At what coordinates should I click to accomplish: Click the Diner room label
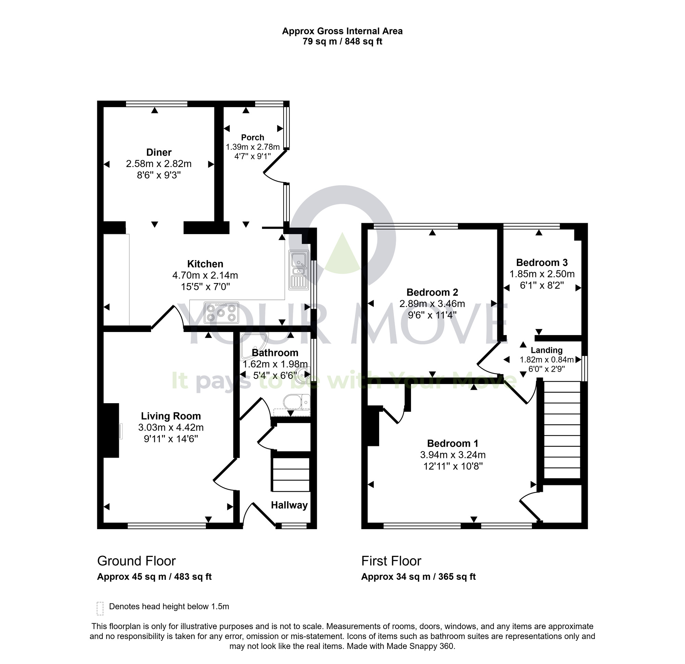[x=159, y=152]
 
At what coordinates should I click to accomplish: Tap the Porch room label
[x=252, y=137]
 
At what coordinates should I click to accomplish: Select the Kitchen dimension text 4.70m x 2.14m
[x=205, y=275]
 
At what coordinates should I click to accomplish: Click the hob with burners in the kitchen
[x=221, y=312]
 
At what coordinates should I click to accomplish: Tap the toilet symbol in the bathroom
[x=296, y=402]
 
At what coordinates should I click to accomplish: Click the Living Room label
[x=171, y=416]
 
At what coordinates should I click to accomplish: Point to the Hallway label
[x=289, y=505]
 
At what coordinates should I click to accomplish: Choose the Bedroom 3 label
[x=542, y=262]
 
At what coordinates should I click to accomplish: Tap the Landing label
[x=547, y=350]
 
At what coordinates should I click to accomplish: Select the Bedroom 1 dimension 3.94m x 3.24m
[x=452, y=455]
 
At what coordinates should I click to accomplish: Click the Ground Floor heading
[x=136, y=561]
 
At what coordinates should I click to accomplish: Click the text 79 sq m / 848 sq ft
[x=342, y=41]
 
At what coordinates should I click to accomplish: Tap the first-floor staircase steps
[x=562, y=430]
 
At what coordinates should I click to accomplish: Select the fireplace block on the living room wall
[x=111, y=430]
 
